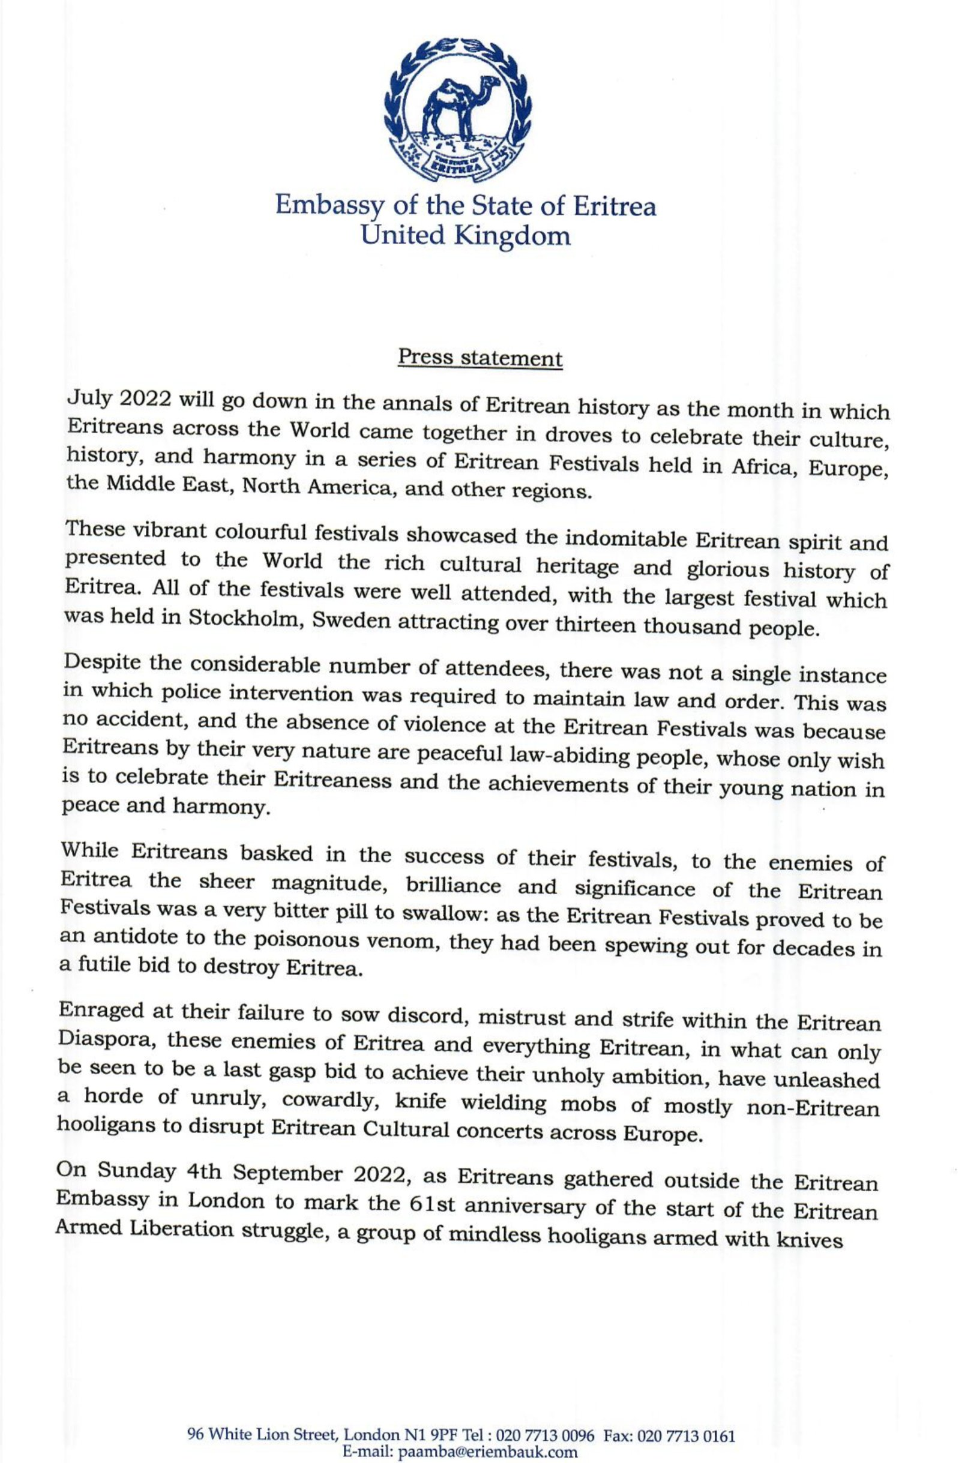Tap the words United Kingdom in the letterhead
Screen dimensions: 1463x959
coord(465,235)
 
